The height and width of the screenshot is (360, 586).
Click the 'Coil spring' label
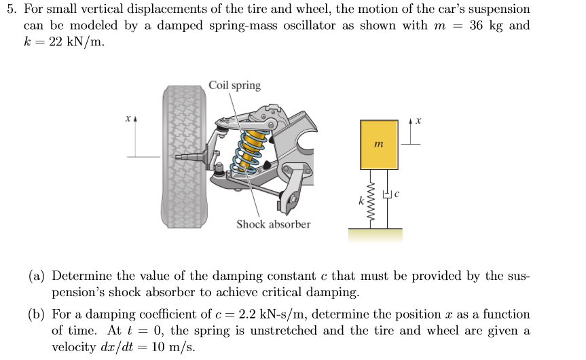[x=234, y=86]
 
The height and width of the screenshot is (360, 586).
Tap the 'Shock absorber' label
[x=273, y=224]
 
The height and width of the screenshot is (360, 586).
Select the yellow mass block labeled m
[x=379, y=144]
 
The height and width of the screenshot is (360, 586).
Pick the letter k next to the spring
[x=361, y=200]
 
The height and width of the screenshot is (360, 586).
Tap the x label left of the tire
[x=127, y=120]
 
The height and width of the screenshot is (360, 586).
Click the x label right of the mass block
[x=419, y=122]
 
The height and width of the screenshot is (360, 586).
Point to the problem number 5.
[x=10, y=10]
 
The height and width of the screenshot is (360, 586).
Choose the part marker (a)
[x=37, y=276]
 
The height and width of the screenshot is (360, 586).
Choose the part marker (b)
[x=37, y=314]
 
